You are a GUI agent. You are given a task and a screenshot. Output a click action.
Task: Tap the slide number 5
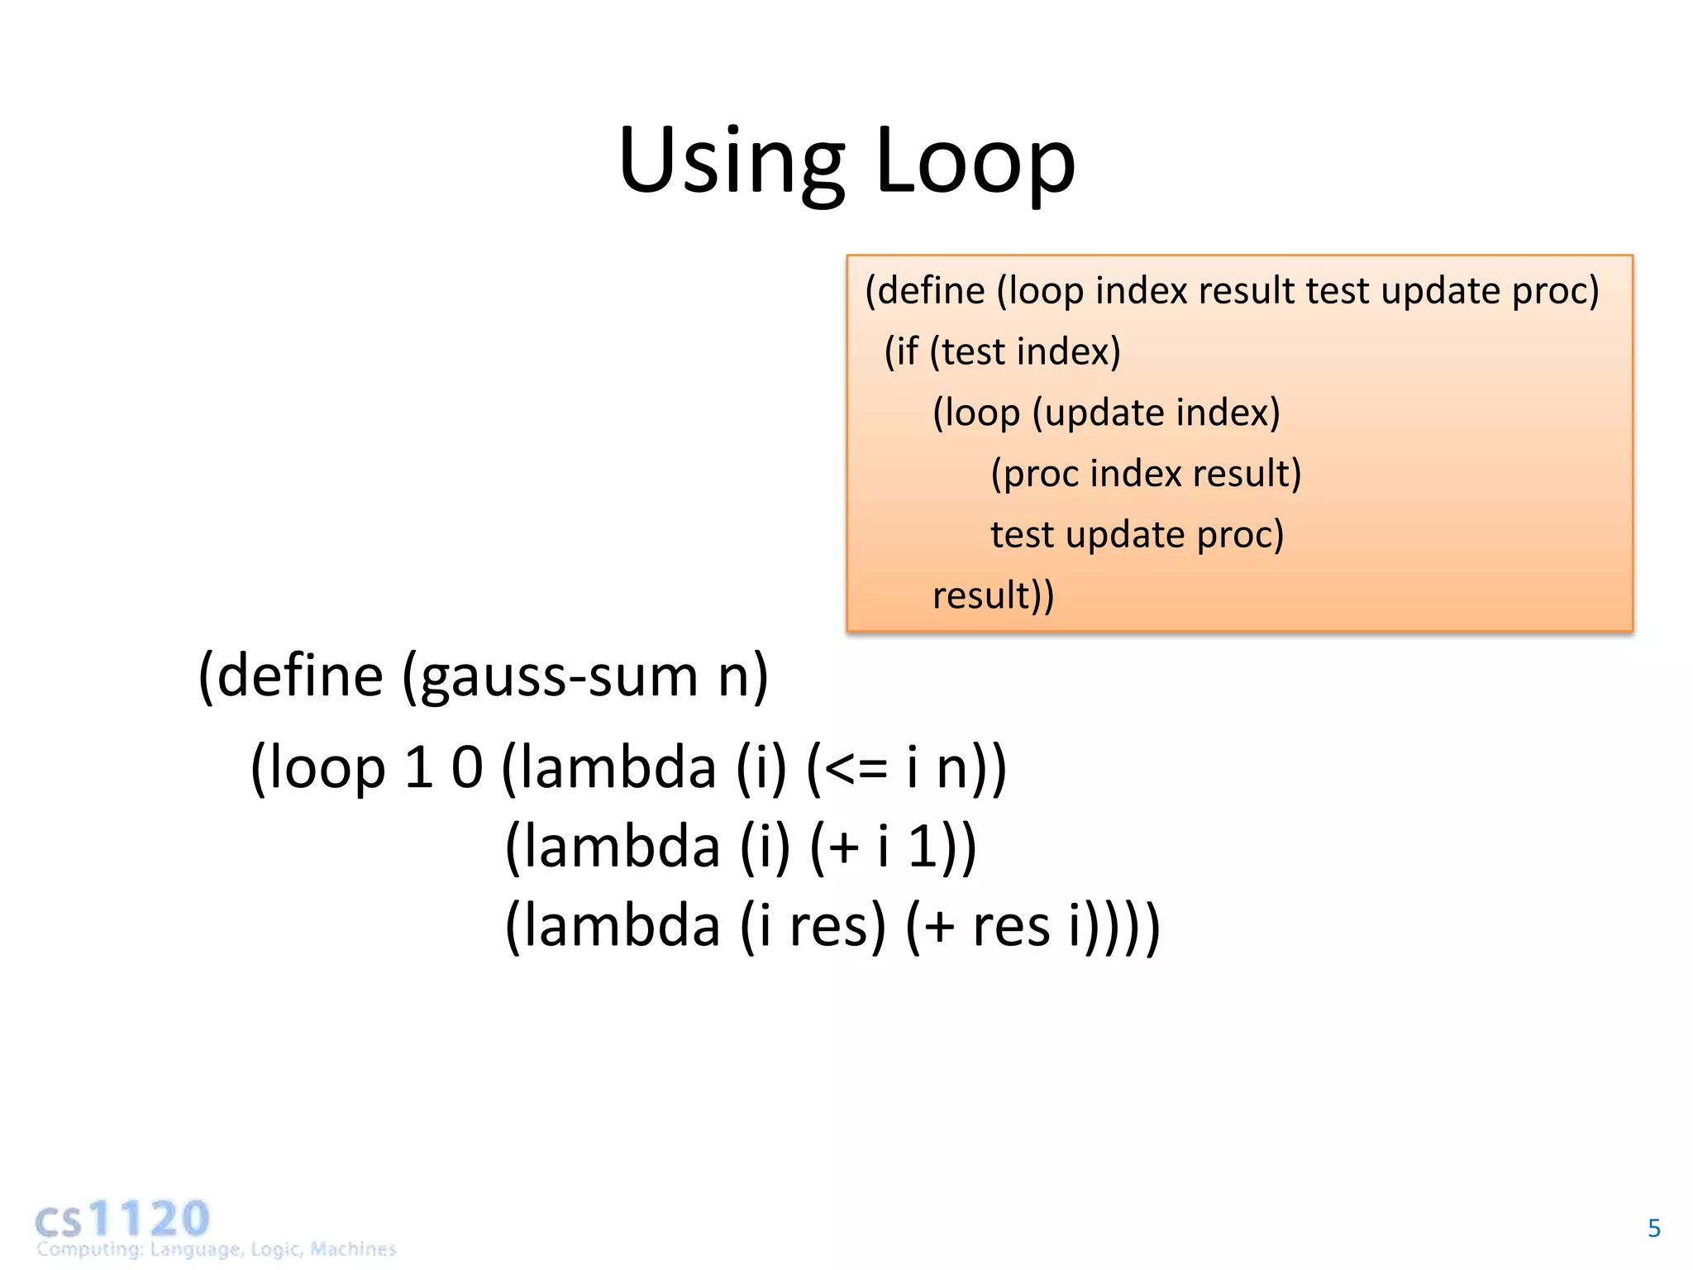point(1653,1228)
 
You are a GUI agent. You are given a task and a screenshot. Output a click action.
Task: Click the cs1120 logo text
point(122,1219)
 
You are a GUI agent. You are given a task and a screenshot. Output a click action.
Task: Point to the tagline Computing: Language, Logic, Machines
point(217,1249)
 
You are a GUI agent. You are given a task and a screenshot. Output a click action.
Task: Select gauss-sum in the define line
point(560,676)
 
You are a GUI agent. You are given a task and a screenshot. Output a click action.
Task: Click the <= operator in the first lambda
point(855,768)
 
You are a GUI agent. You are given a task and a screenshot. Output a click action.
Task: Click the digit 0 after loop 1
point(466,768)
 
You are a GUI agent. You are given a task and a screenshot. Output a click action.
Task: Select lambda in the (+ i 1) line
point(622,847)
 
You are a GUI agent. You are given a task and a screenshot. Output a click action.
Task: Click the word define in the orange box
point(931,291)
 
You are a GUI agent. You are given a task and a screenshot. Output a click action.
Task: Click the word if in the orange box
point(907,351)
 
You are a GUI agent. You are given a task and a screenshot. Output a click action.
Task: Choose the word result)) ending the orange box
point(992,595)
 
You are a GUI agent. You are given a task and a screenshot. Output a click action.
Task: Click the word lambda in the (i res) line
point(622,926)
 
